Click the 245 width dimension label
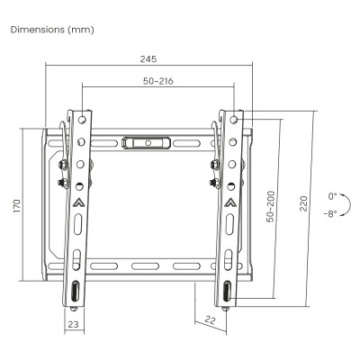148,59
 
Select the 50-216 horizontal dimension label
158,81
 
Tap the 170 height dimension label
16,206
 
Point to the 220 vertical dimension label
303,203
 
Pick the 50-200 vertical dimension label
271,206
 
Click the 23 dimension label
73,324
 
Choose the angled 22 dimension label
211,320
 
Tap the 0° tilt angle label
332,196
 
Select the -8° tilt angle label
330,214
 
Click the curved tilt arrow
350,204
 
